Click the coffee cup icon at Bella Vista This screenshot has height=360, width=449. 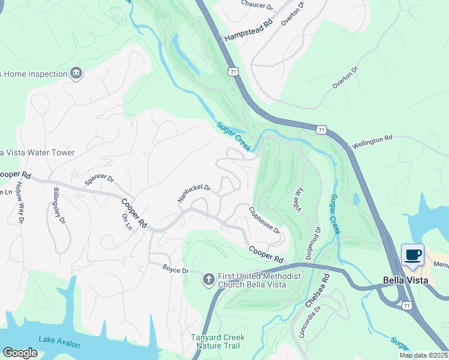click(x=412, y=255)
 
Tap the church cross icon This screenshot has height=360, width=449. click(x=208, y=278)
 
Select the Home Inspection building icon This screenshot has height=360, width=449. click(x=76, y=74)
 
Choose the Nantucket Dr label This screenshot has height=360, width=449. click(x=194, y=193)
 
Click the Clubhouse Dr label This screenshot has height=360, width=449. click(x=264, y=221)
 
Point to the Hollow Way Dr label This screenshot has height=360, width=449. click(x=19, y=203)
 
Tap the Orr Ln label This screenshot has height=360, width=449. click(x=127, y=222)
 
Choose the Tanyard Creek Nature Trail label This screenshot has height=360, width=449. click(x=215, y=341)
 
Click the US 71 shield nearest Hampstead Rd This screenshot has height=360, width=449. click(x=232, y=71)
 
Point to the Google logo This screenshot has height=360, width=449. click(x=20, y=353)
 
